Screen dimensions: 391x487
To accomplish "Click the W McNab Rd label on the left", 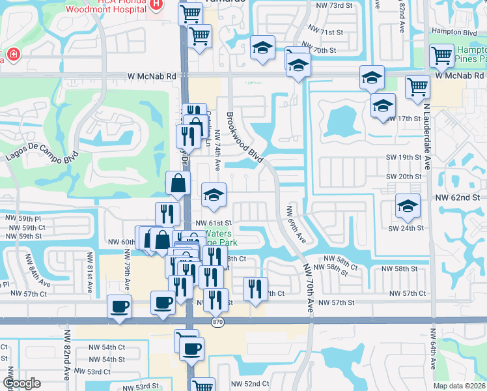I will click(152, 76).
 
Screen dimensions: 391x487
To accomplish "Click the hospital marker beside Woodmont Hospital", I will click(156, 5).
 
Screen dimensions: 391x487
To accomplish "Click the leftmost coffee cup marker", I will click(119, 306).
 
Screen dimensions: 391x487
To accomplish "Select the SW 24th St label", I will click(406, 228).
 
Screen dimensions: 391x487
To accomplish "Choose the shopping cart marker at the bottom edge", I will click(203, 386).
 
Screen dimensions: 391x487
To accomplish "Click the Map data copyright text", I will click(459, 386).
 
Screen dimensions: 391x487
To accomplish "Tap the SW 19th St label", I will click(404, 157).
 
